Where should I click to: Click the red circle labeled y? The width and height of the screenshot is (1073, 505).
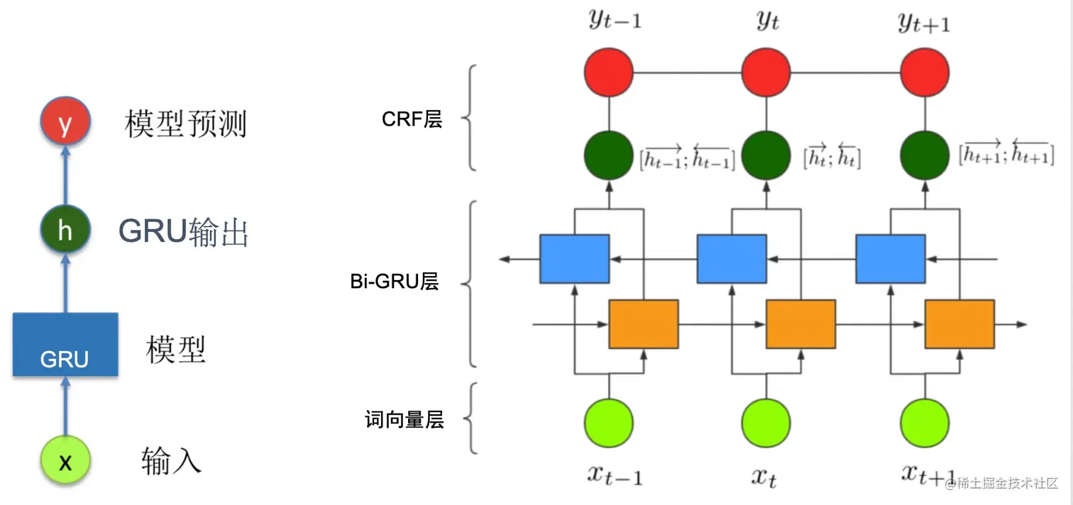point(65,121)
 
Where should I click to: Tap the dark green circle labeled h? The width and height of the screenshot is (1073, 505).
point(65,230)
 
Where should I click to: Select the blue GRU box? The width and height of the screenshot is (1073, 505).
point(65,344)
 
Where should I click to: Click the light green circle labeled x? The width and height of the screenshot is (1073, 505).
point(65,460)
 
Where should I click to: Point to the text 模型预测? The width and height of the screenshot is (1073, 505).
point(186,124)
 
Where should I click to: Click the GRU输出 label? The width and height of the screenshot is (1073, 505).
point(184,232)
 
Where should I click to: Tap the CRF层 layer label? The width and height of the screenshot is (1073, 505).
point(412,119)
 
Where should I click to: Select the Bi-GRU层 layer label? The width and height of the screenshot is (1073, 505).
point(395,282)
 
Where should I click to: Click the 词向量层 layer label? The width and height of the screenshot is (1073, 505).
point(405,419)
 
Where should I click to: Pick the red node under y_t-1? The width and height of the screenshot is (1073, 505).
point(609,72)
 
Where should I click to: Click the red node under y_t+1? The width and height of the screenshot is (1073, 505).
point(925,72)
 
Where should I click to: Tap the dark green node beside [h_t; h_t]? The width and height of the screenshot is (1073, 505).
point(766,155)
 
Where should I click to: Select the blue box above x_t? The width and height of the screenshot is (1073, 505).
point(732,259)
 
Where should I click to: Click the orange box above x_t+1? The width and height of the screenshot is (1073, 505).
point(959,324)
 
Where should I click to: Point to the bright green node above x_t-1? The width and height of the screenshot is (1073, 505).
point(609,423)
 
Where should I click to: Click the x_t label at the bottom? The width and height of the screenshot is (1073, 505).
point(764,477)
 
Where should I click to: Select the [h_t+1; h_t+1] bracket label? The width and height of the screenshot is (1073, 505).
point(1006,152)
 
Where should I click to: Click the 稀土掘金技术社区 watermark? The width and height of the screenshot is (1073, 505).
point(1001,484)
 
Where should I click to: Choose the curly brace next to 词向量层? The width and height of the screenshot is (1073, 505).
point(471,418)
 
